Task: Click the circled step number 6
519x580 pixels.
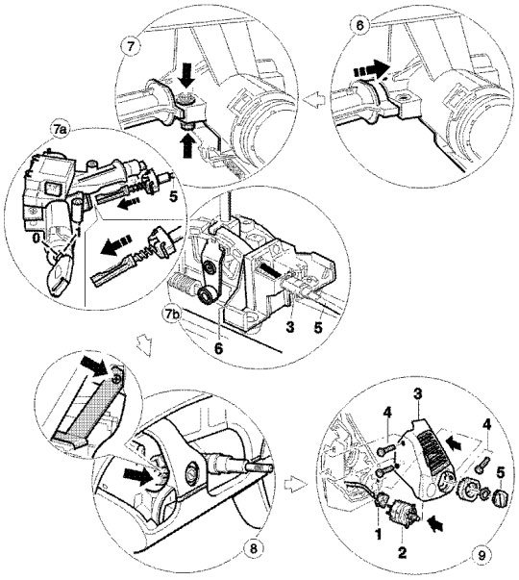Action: pyautogui.click(x=358, y=25)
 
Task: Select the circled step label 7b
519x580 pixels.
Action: pyautogui.click(x=171, y=315)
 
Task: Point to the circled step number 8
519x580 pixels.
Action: pyautogui.click(x=253, y=548)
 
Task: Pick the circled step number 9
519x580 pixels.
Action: pyautogui.click(x=481, y=556)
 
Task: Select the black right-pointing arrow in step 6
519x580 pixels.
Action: pyautogui.click(x=372, y=70)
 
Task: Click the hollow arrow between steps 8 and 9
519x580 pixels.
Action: pyautogui.click(x=296, y=484)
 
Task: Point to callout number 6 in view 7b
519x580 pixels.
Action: pyautogui.click(x=219, y=348)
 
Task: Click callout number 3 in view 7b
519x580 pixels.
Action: pyautogui.click(x=290, y=327)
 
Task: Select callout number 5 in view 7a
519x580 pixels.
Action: pyautogui.click(x=173, y=196)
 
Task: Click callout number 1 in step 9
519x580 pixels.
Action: pyautogui.click(x=378, y=534)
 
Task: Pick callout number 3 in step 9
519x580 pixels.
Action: pyautogui.click(x=417, y=394)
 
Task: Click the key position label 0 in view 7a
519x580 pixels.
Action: pyautogui.click(x=36, y=239)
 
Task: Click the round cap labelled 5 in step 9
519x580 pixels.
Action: pyautogui.click(x=500, y=498)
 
